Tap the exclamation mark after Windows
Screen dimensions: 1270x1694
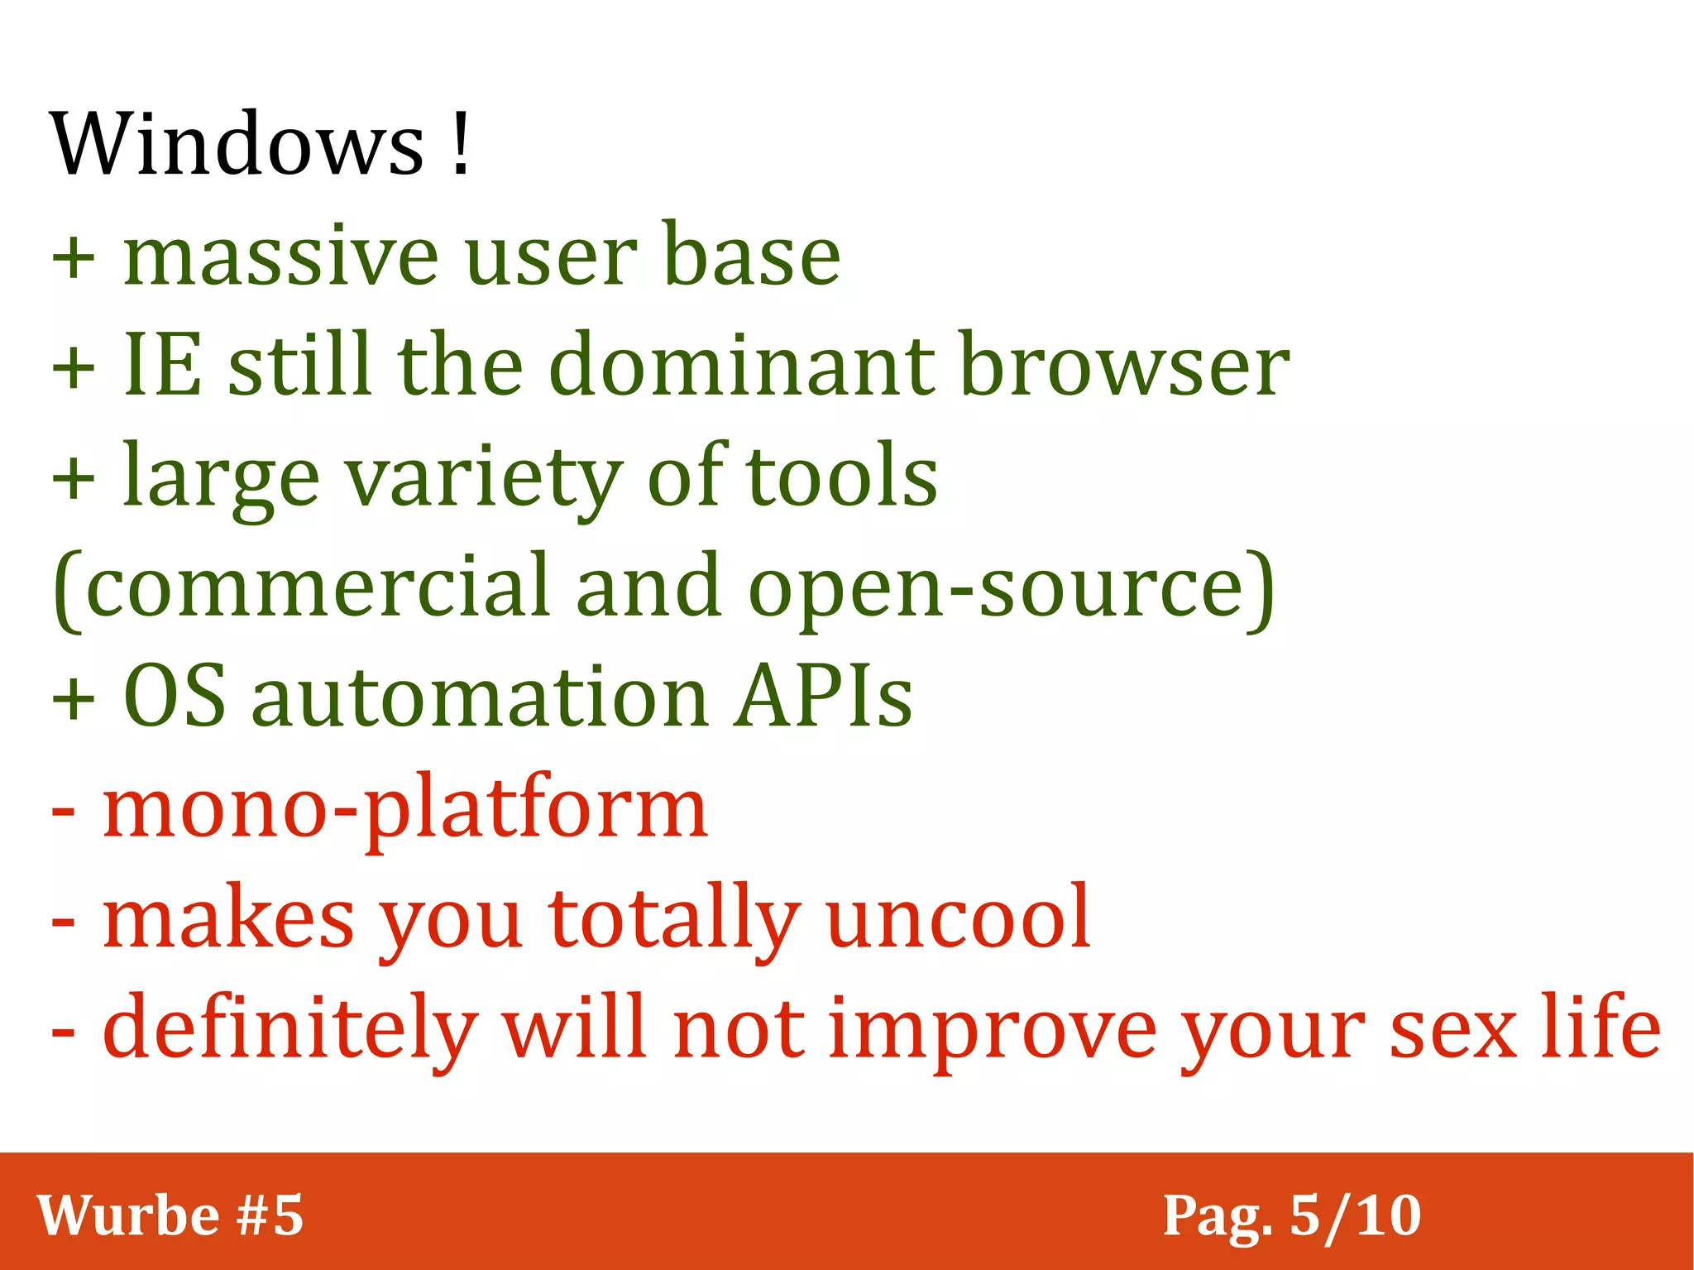pos(462,144)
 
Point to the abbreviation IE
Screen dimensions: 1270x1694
pos(162,364)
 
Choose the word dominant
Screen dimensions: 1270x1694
pos(741,364)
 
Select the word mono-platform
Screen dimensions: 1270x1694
pos(404,809)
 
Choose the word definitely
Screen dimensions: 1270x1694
pos(290,1029)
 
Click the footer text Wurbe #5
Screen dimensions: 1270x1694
pos(170,1215)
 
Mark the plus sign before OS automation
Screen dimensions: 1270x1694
pos(74,699)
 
